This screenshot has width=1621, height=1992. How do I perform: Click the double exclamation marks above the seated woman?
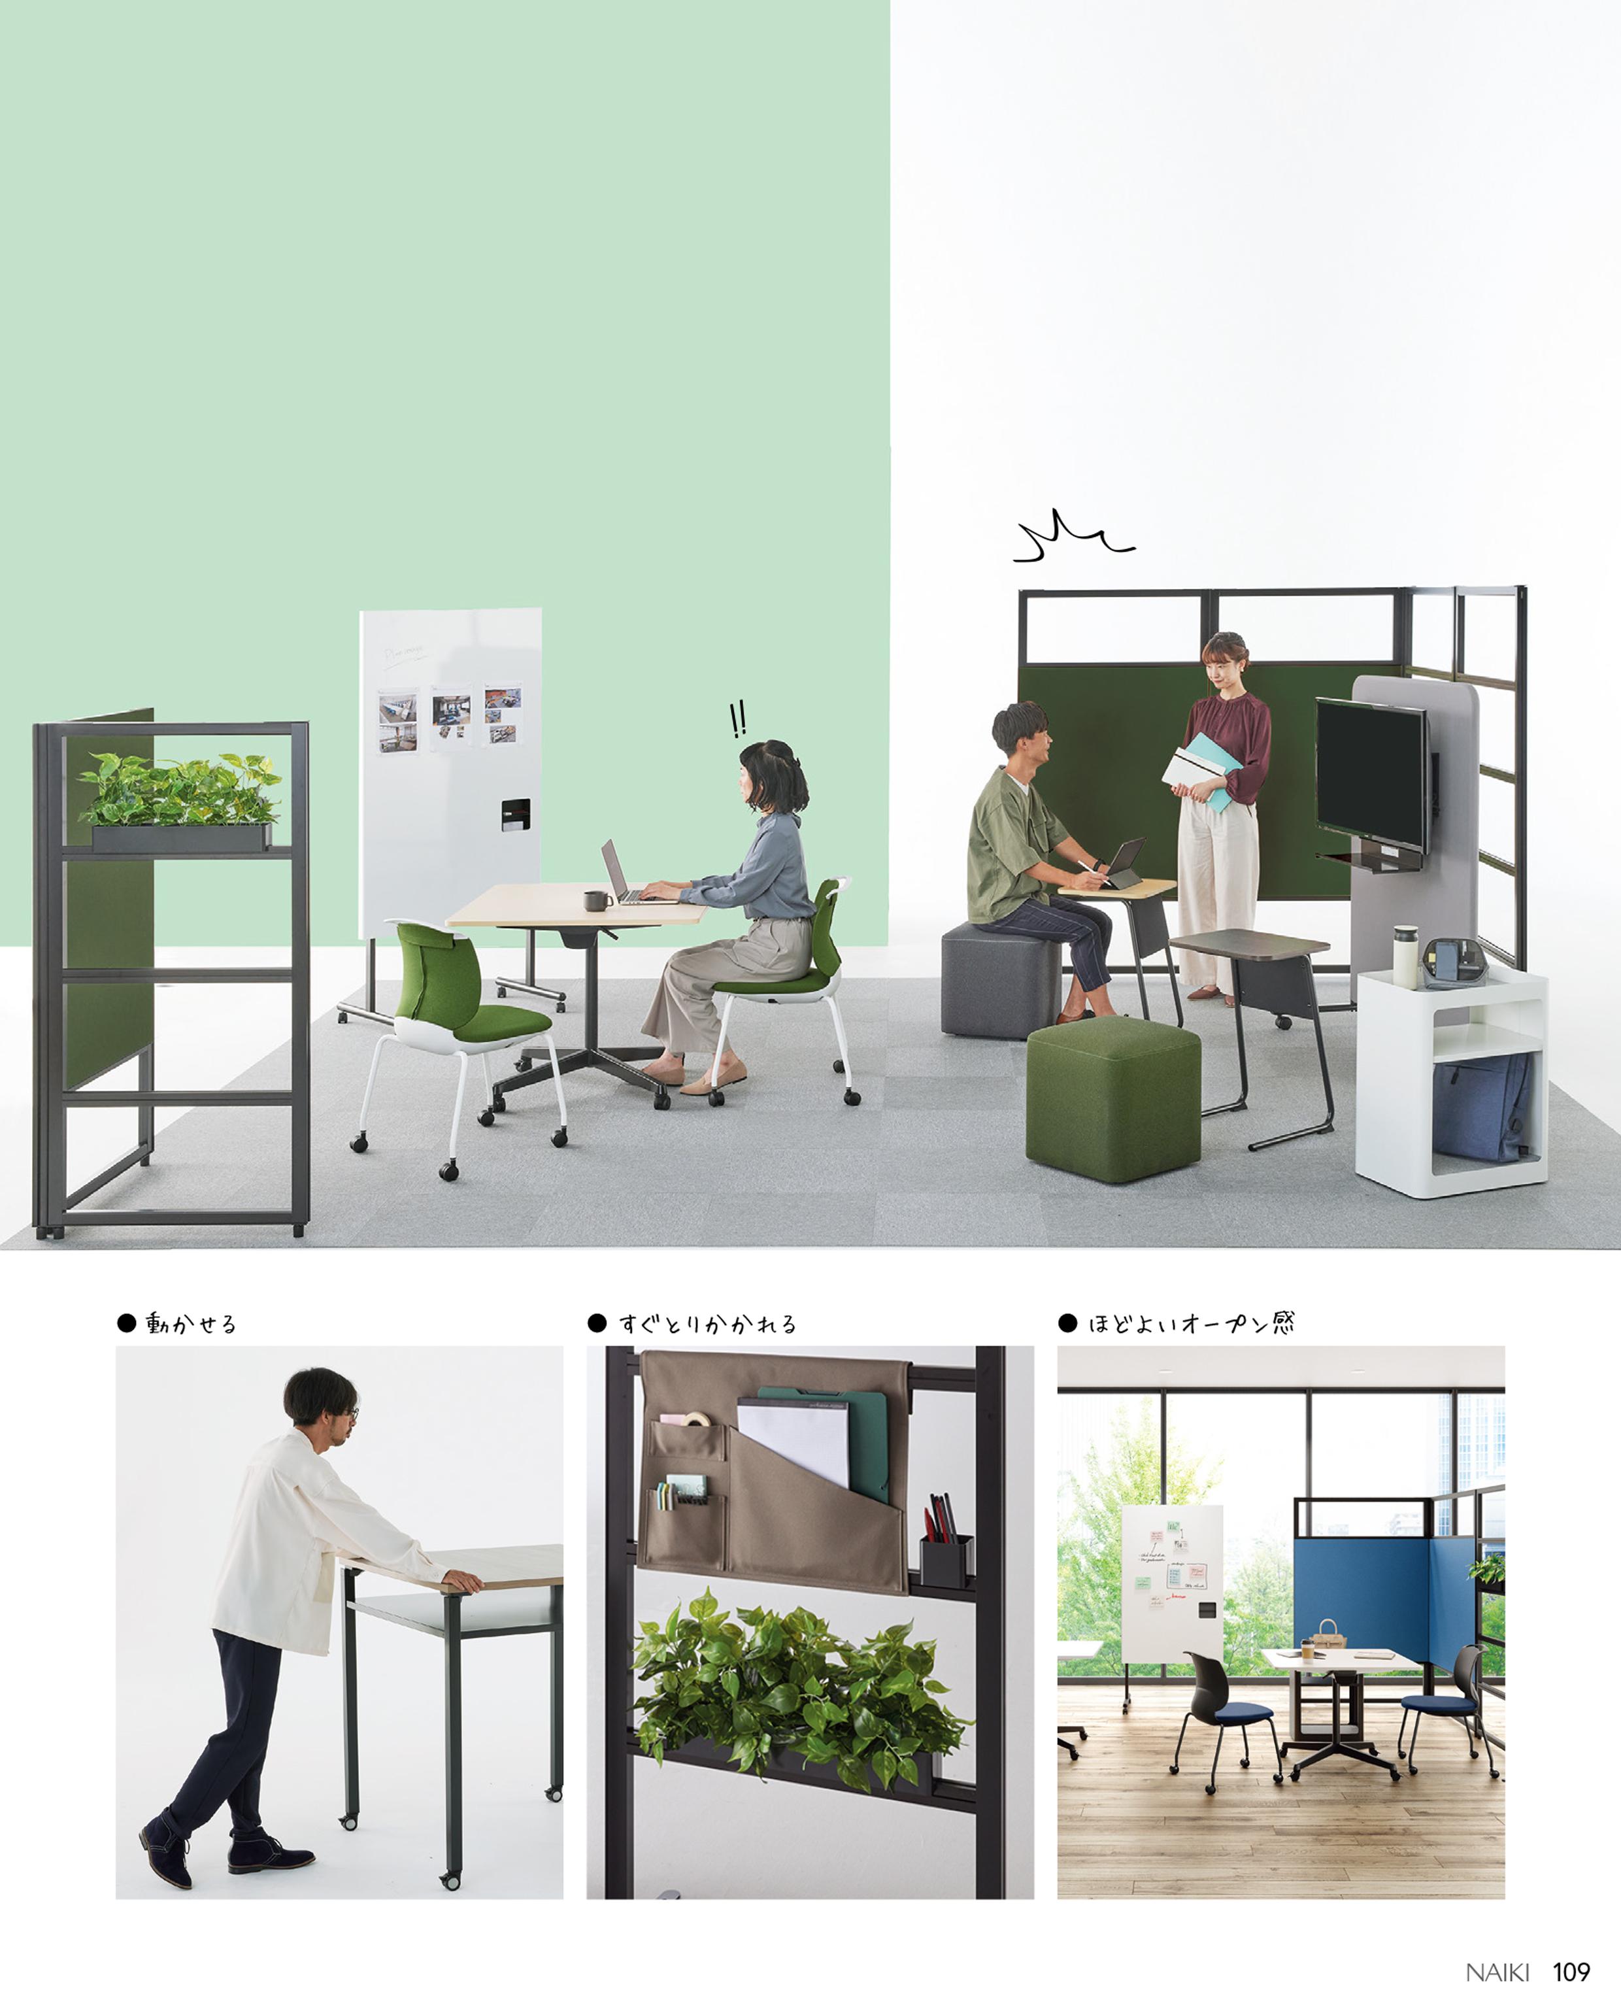click(x=738, y=719)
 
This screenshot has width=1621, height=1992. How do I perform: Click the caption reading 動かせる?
click(x=190, y=1323)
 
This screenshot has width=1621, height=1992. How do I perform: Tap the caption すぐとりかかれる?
click(x=707, y=1323)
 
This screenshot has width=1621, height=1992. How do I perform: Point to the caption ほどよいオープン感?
click(x=1192, y=1323)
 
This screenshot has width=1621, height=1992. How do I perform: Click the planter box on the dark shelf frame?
click(x=181, y=837)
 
